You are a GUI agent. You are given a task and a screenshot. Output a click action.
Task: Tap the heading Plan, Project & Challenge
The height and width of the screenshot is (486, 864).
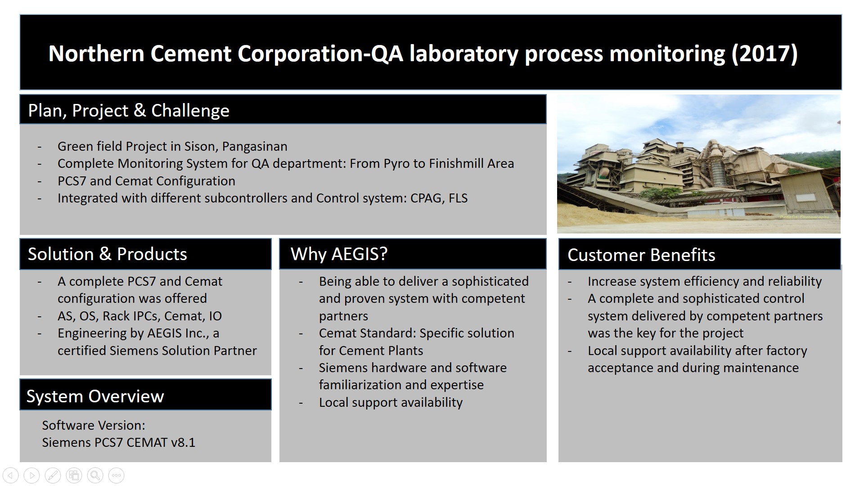pos(129,110)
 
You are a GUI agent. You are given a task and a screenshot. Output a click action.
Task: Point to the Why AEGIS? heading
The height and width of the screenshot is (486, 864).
pos(339,254)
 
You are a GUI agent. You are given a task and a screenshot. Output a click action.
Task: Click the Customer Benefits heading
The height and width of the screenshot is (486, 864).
pos(641,255)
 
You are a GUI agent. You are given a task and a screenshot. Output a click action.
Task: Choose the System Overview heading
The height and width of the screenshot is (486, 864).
pos(95,396)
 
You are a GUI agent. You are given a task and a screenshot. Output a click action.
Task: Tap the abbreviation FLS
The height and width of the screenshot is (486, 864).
pos(458,198)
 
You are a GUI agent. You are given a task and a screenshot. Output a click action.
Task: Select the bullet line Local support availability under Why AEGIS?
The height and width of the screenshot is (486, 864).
pos(391,402)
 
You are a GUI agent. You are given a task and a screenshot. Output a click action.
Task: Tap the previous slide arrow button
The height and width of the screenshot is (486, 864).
pos(10,475)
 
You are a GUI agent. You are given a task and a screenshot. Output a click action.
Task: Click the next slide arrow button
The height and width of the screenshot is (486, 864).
pos(31,475)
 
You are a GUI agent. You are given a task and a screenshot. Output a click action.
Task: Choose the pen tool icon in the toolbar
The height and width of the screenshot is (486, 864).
pos(53,475)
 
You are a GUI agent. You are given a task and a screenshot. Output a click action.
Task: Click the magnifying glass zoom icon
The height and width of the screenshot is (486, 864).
pos(95,475)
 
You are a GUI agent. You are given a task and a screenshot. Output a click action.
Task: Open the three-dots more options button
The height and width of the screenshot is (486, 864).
pos(116,475)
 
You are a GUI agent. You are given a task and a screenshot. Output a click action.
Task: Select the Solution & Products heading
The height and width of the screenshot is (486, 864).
pos(107,254)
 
